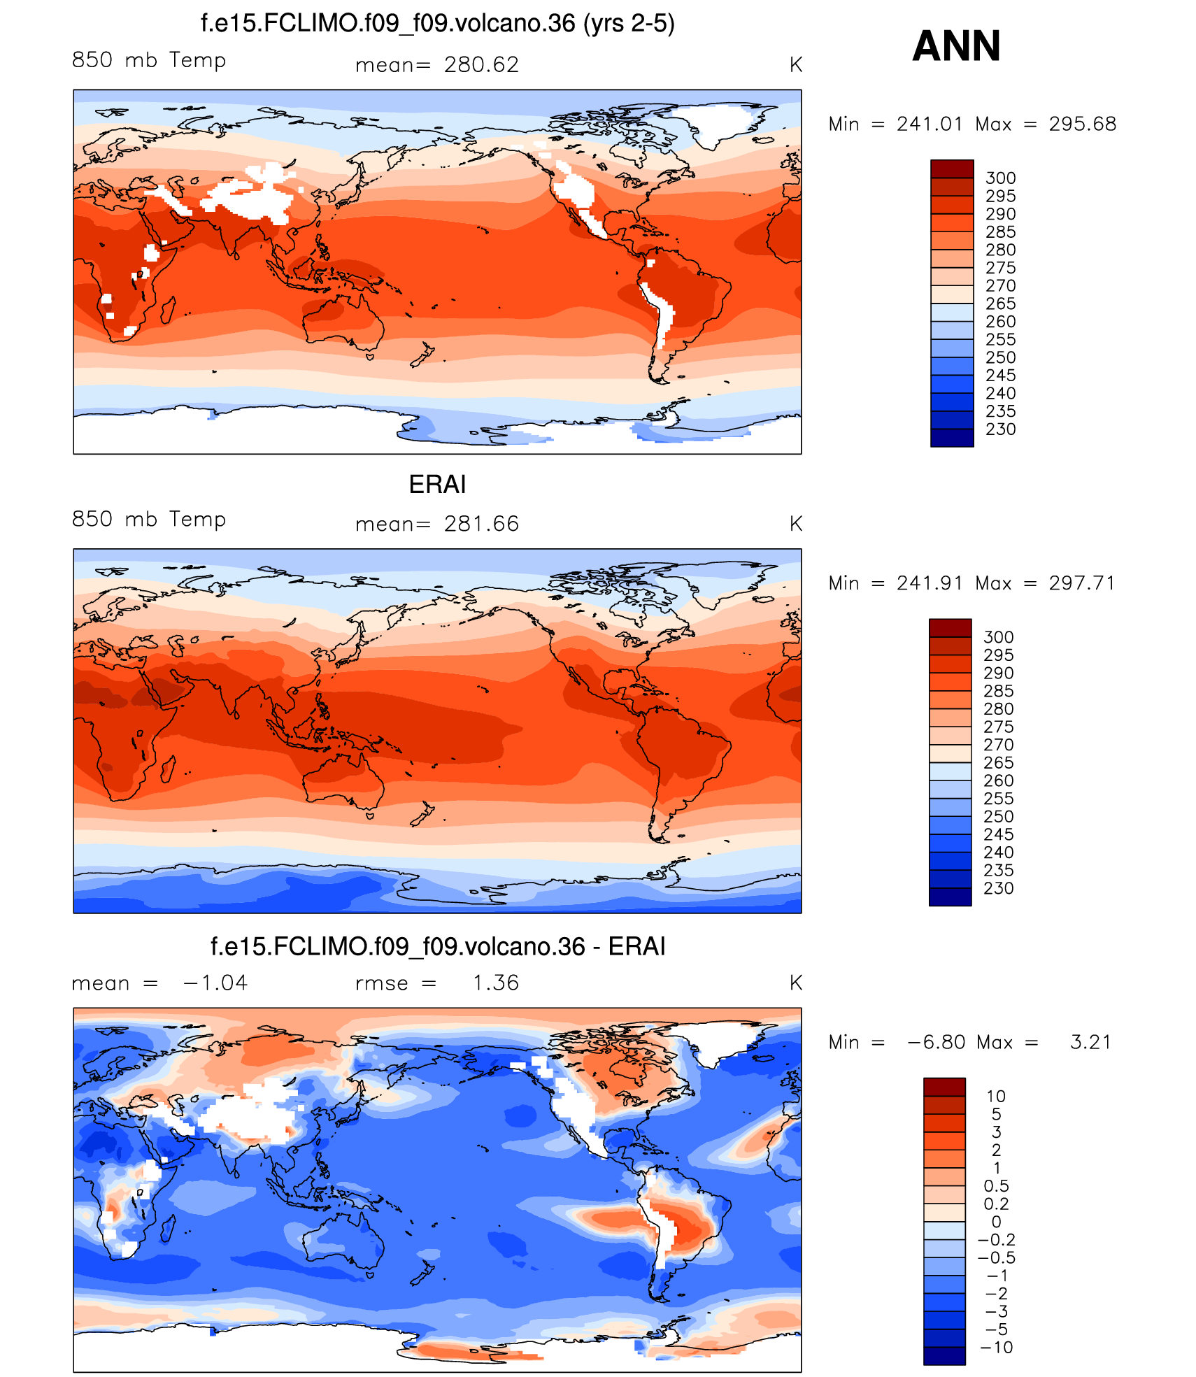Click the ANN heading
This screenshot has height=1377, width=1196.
pyautogui.click(x=956, y=46)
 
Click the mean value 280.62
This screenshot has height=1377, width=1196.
pyautogui.click(x=481, y=65)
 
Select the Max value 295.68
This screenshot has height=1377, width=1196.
pyautogui.click(x=1082, y=124)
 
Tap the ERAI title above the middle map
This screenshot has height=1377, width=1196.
pyautogui.click(x=437, y=485)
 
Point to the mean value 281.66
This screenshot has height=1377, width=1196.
pyautogui.click(x=481, y=525)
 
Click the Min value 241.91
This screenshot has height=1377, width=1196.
pyautogui.click(x=930, y=584)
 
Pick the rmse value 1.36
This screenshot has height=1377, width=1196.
pyautogui.click(x=496, y=983)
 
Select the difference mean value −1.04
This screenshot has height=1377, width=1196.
pyautogui.click(x=215, y=983)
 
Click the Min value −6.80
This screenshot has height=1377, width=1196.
pyautogui.click(x=936, y=1043)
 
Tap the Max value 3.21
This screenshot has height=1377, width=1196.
pyautogui.click(x=1090, y=1043)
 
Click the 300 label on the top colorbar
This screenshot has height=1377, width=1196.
pyautogui.click(x=1000, y=178)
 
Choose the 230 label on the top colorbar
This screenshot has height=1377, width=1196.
pyautogui.click(x=1000, y=429)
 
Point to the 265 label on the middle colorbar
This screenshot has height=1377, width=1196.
pyautogui.click(x=998, y=763)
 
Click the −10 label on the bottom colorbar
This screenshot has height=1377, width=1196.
pyautogui.click(x=996, y=1348)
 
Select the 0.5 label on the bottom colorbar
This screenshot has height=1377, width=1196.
pyautogui.click(x=996, y=1186)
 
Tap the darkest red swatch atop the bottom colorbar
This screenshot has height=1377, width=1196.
pyautogui.click(x=944, y=1087)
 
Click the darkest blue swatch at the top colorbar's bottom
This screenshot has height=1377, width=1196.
pyautogui.click(x=952, y=438)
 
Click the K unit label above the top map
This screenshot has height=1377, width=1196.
pyautogui.click(x=795, y=65)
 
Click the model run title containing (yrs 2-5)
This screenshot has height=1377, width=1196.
pyautogui.click(x=437, y=24)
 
